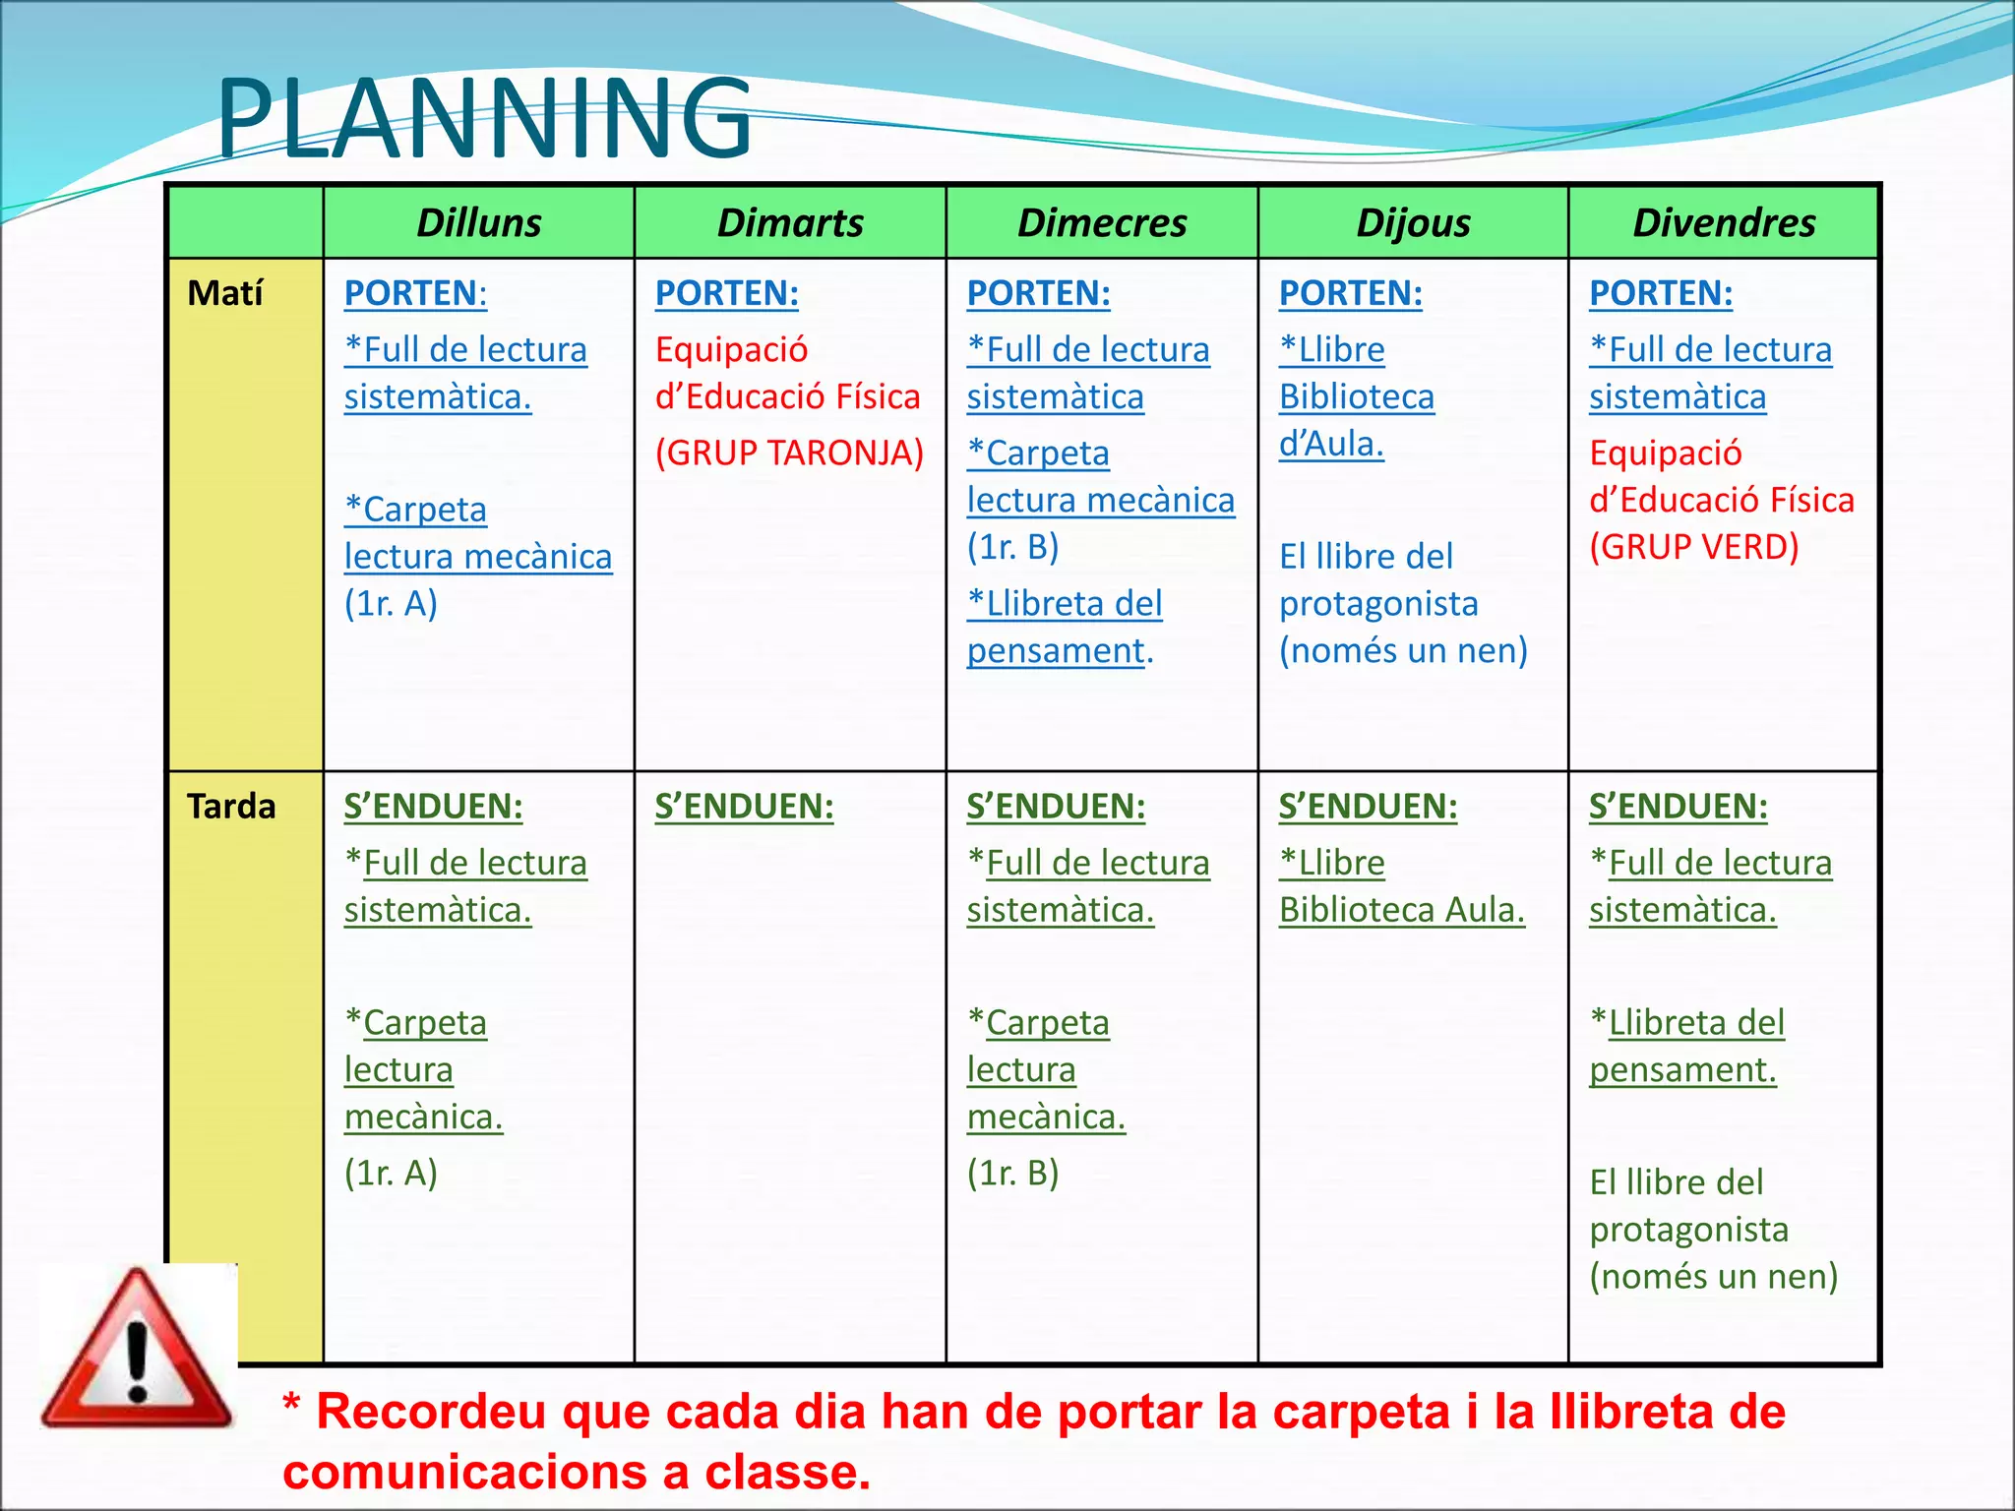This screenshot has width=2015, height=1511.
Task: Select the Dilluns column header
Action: [x=478, y=223]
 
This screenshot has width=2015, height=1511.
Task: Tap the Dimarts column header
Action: [x=790, y=223]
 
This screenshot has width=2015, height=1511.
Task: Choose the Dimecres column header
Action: [x=1102, y=223]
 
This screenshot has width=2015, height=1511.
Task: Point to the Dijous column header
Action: [x=1413, y=223]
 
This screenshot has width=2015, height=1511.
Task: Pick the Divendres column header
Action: [x=1724, y=223]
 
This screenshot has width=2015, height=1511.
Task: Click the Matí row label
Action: [x=225, y=293]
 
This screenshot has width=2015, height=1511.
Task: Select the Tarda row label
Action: [x=231, y=807]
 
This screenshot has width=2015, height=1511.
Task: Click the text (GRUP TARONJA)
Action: [x=790, y=453]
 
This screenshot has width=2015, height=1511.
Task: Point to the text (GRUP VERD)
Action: [x=1694, y=547]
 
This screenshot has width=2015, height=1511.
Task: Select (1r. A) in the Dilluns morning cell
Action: [x=391, y=603]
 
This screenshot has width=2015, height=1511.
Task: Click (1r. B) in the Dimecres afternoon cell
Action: [x=1012, y=1173]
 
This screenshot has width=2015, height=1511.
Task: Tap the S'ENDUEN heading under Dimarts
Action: [x=744, y=807]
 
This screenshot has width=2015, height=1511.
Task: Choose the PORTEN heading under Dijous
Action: [x=1350, y=293]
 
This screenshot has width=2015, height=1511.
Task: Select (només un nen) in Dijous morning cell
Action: [x=1403, y=650]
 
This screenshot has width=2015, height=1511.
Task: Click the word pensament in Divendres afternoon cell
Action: [x=1682, y=1070]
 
